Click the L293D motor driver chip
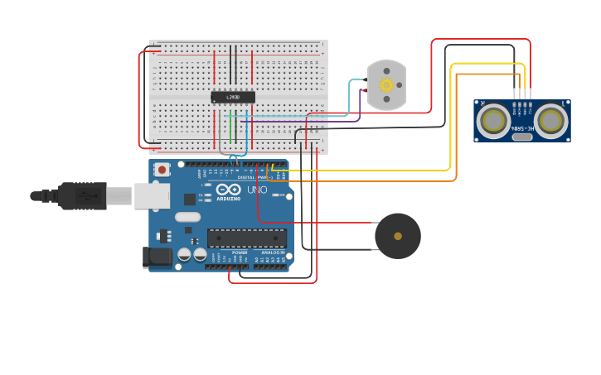click(x=232, y=97)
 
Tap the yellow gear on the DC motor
click(x=386, y=84)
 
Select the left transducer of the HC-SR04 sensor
click(x=495, y=121)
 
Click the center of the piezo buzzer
click(x=398, y=236)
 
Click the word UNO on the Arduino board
click(x=258, y=190)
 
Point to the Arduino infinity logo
click(x=228, y=191)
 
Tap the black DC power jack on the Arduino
click(x=157, y=257)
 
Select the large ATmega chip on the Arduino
click(x=247, y=238)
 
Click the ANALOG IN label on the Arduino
click(x=273, y=252)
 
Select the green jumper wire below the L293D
click(x=230, y=128)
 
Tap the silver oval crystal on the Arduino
click(x=188, y=217)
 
